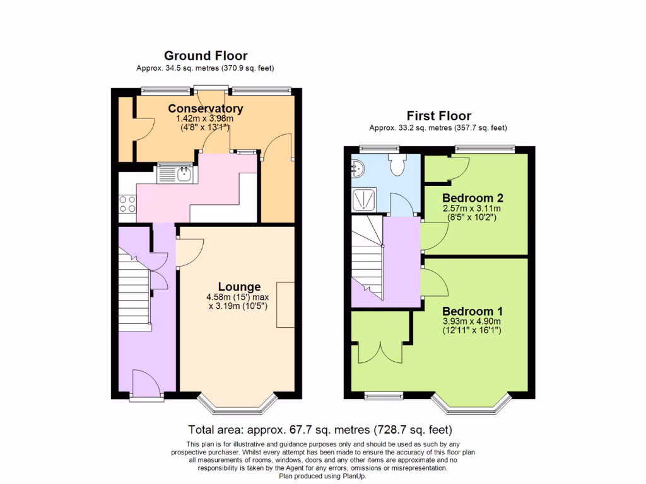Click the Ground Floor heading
[x=206, y=56]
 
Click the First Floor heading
[x=438, y=116]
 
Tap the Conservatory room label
[x=205, y=109]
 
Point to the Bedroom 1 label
[x=472, y=311]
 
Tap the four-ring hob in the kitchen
[x=127, y=204]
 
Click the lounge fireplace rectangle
[x=285, y=305]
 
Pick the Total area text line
[x=320, y=430]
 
